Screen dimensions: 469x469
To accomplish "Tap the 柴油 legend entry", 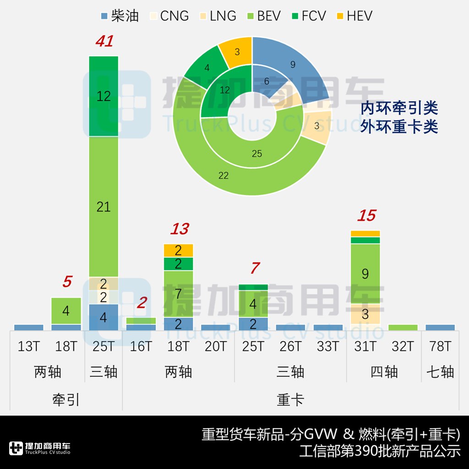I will [x=120, y=16].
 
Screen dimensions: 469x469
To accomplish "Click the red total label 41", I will [x=104, y=42].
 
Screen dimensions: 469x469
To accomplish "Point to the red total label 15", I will [x=366, y=216].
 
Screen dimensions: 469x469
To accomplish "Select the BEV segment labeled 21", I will [x=104, y=207].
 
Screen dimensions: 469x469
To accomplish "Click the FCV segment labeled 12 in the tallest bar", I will [x=104, y=96].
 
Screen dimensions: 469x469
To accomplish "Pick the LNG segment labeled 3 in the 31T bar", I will [x=365, y=314].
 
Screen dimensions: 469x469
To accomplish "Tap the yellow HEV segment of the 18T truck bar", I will [x=178, y=250].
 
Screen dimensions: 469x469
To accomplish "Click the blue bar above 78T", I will [x=440, y=327].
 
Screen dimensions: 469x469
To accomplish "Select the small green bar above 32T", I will [x=403, y=327].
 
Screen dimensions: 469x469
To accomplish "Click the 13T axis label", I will [x=29, y=347].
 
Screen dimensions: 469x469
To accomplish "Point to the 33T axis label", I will [x=328, y=347].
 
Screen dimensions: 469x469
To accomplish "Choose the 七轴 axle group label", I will [x=440, y=372].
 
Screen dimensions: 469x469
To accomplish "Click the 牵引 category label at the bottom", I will [x=66, y=400].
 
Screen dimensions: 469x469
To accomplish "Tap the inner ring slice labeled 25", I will [x=256, y=153].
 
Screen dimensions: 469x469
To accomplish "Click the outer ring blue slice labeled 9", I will [x=293, y=65].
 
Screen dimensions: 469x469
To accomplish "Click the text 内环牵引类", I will [x=399, y=109].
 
